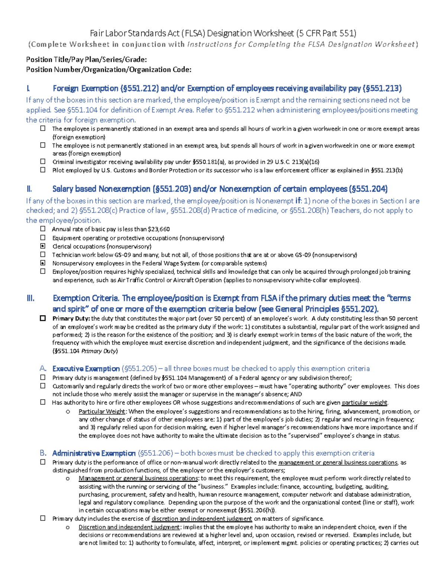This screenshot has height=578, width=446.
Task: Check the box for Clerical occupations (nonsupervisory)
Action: pyautogui.click(x=43, y=246)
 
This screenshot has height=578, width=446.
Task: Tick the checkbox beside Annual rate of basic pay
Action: pyautogui.click(x=43, y=229)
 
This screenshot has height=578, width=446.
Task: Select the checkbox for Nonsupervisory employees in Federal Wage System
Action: pyautogui.click(x=43, y=263)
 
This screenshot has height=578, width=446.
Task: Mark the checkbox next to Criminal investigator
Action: pyautogui.click(x=43, y=162)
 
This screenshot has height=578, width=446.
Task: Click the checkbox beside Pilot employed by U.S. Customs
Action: pyautogui.click(x=43, y=170)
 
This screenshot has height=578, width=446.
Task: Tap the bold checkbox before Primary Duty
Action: pyautogui.click(x=43, y=318)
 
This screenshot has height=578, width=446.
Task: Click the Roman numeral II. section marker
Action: pyautogui.click(x=30, y=189)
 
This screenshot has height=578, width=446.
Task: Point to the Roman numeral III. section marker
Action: pyautogui.click(x=30, y=298)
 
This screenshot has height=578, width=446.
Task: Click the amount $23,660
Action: pyautogui.click(x=159, y=229)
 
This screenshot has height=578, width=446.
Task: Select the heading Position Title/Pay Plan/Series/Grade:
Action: pyautogui.click(x=86, y=60)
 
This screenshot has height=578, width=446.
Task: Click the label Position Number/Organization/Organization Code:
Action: pyautogui.click(x=109, y=70)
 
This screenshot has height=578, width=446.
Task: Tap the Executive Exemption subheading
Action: pyautogui.click(x=86, y=368)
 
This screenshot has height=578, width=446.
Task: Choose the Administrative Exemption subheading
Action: pyautogui.click(x=94, y=453)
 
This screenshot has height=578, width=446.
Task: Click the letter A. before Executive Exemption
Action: pyautogui.click(x=43, y=368)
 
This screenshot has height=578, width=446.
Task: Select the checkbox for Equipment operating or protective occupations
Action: pyautogui.click(x=43, y=237)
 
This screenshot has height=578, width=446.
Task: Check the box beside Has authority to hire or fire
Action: pyautogui.click(x=43, y=402)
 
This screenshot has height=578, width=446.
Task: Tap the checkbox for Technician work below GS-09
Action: pyautogui.click(x=43, y=255)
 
